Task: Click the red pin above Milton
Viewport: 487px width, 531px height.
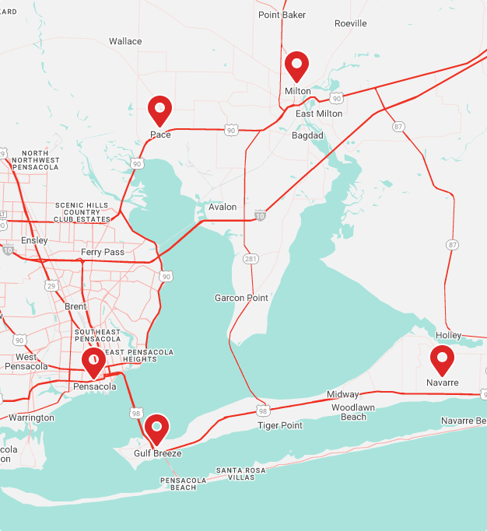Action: [x=297, y=66]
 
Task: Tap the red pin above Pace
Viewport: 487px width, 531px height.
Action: [x=159, y=110]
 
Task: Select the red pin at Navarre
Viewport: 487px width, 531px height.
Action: [x=442, y=359]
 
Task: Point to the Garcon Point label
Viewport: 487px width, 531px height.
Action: [x=241, y=298]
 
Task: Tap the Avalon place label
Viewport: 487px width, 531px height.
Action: [x=222, y=208]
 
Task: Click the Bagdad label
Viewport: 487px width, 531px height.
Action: [x=307, y=135]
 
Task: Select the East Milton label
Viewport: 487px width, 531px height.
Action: [x=318, y=114]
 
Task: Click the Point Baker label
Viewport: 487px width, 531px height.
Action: [x=282, y=15]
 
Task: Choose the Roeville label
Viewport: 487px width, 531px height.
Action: [x=350, y=23]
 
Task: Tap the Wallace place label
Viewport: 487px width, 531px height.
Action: [x=125, y=41]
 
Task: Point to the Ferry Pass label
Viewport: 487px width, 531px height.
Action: [x=103, y=253]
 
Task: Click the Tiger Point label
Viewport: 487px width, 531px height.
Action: [x=280, y=425]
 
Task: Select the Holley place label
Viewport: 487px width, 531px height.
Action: [x=448, y=335]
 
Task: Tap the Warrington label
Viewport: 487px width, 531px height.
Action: [x=31, y=417]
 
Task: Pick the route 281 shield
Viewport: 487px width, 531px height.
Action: [x=250, y=258]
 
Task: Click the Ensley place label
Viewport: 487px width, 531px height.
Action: [x=34, y=241]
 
